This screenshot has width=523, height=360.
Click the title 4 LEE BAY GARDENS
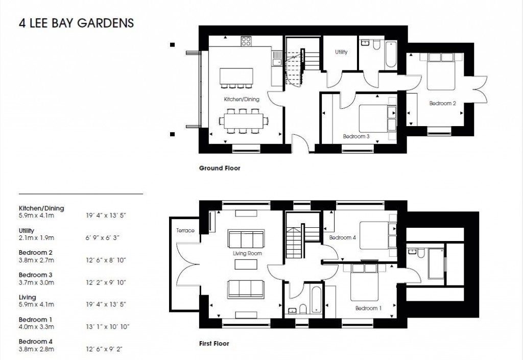pyautogui.click(x=76, y=23)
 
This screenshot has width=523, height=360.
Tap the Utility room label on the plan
pyautogui.click(x=341, y=52)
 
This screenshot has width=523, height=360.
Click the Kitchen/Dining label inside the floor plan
pyautogui.click(x=242, y=100)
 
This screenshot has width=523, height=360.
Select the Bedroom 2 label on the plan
pyautogui.click(x=442, y=104)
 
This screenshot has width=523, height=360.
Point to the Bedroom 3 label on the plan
pyautogui.click(x=356, y=136)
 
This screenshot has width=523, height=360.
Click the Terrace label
pyautogui.click(x=185, y=230)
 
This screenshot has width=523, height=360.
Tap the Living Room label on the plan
pyautogui.click(x=247, y=253)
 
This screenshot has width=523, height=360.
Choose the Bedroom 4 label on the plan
pyautogui.click(x=342, y=238)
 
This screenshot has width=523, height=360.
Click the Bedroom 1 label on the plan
pyautogui.click(x=368, y=308)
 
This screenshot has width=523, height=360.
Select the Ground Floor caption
pyautogui.click(x=219, y=168)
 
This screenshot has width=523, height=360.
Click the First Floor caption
pyautogui.click(x=214, y=344)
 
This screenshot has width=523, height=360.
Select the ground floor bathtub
pyautogui.click(x=391, y=54)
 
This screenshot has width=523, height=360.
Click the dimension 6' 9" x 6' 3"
pyautogui.click(x=106, y=238)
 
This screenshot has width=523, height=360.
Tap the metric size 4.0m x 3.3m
pyautogui.click(x=36, y=327)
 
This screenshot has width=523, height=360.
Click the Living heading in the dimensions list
pyautogui.click(x=28, y=297)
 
